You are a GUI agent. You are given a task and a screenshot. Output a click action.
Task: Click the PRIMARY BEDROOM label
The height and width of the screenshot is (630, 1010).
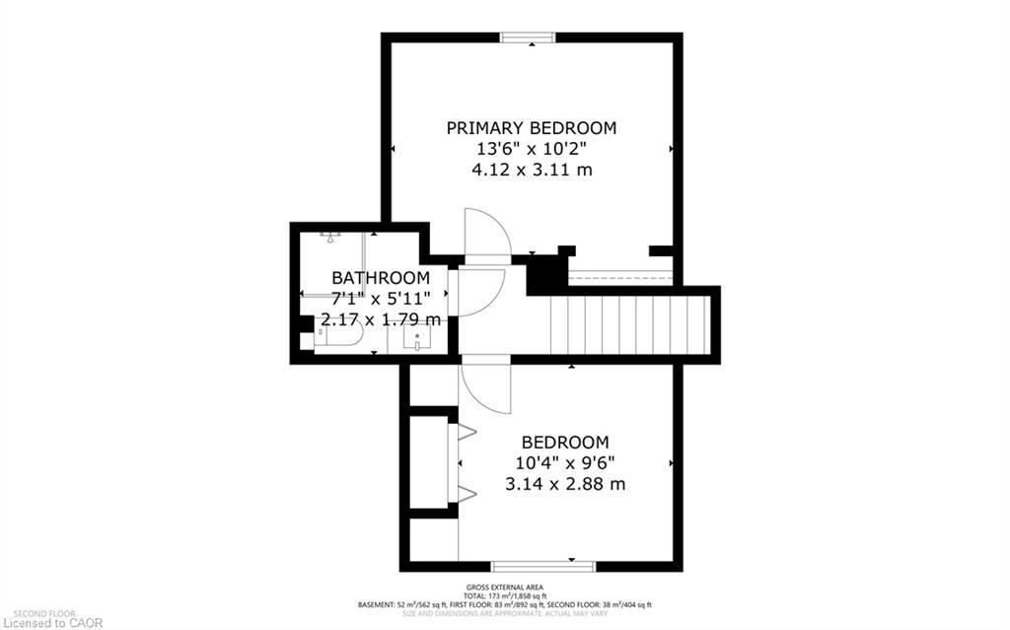tap(531, 128)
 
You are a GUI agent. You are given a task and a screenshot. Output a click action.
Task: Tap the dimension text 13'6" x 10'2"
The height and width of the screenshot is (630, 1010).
tap(531, 149)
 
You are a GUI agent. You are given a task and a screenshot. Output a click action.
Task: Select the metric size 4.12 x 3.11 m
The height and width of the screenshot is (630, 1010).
tap(531, 170)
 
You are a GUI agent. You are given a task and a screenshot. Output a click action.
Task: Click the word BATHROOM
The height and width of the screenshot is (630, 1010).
tap(380, 278)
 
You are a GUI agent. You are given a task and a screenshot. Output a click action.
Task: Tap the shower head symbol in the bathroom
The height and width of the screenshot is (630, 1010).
tap(329, 237)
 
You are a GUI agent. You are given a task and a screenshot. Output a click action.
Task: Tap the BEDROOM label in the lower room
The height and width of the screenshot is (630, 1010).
tap(564, 443)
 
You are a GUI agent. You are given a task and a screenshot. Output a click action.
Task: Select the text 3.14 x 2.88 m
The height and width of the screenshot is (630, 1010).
tap(564, 484)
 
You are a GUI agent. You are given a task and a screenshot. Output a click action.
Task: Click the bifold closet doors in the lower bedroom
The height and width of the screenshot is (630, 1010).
tap(464, 461)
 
